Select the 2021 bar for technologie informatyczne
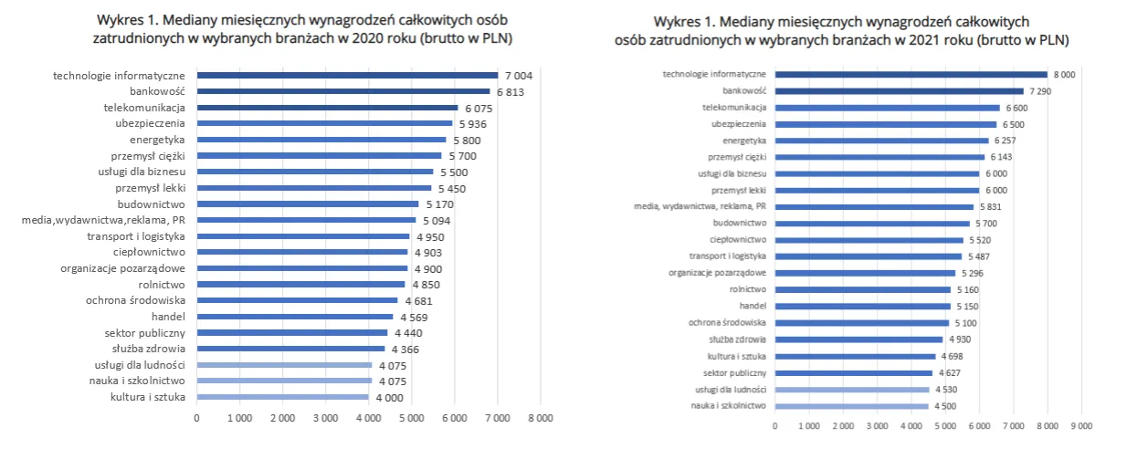(911, 74)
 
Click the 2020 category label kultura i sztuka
(148, 397)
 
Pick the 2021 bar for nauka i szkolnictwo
(851, 406)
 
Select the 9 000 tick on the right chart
(1081, 425)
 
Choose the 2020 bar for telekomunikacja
(326, 108)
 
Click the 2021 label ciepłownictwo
(735, 239)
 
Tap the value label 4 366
(408, 349)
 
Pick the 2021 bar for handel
(862, 306)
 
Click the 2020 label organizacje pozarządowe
(123, 268)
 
